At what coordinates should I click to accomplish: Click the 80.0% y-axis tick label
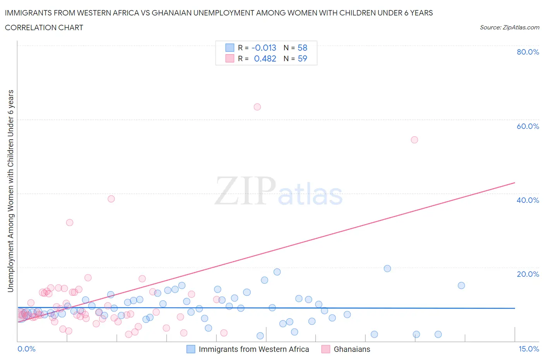(x=527, y=52)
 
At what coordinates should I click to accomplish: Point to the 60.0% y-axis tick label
(x=527, y=126)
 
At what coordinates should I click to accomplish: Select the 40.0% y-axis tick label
(x=527, y=200)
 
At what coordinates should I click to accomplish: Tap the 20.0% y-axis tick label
(x=527, y=274)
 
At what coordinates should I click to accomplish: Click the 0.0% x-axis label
(x=26, y=349)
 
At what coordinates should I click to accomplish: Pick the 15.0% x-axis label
(x=529, y=349)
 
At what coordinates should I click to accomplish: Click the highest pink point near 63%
(x=257, y=107)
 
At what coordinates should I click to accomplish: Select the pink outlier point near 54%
(x=414, y=140)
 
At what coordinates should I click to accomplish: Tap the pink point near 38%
(x=111, y=199)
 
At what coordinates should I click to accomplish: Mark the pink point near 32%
(x=70, y=223)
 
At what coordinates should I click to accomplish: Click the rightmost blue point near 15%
(x=461, y=286)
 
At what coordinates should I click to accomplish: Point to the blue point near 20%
(x=387, y=269)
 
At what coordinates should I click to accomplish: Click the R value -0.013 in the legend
(x=264, y=48)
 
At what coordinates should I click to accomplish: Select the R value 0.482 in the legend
(x=265, y=58)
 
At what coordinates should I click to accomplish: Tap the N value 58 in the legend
(x=302, y=48)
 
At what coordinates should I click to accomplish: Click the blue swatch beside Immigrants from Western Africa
(x=191, y=349)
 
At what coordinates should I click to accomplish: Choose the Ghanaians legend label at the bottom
(x=352, y=349)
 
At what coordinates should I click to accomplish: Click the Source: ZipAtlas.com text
(x=509, y=27)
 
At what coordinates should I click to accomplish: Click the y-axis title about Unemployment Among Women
(x=11, y=191)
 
